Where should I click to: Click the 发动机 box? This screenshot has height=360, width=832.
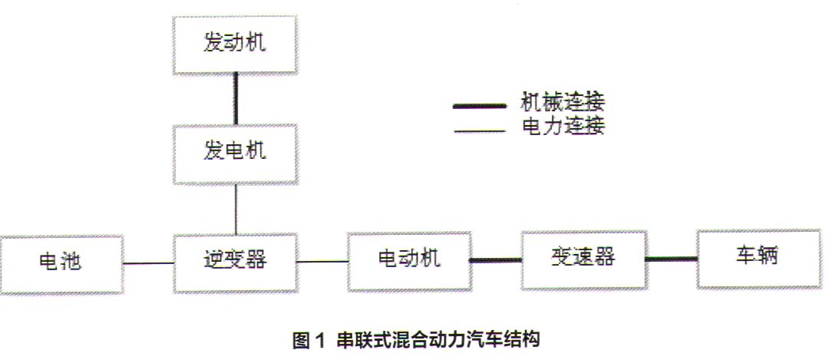pyautogui.click(x=235, y=43)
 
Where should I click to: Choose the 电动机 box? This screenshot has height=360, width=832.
pyautogui.click(x=408, y=259)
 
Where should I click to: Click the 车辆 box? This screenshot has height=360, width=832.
pyautogui.click(x=758, y=256)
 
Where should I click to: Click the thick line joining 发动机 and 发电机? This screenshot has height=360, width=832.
pyautogui.click(x=235, y=97)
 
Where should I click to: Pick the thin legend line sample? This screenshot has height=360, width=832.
pyautogui.click(x=479, y=131)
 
